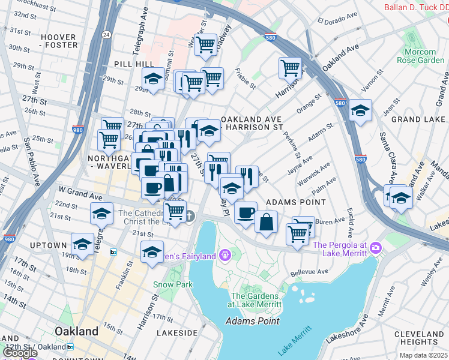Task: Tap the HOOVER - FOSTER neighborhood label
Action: [59, 41]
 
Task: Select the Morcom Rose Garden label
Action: [420, 56]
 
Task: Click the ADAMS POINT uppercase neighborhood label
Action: [291, 202]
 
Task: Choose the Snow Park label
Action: [172, 284]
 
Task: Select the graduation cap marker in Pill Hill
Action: [153, 79]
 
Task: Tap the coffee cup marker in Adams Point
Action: [245, 212]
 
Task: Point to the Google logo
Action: [20, 353]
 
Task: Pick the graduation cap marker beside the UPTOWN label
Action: [82, 243]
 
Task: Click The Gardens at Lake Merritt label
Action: [255, 300]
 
